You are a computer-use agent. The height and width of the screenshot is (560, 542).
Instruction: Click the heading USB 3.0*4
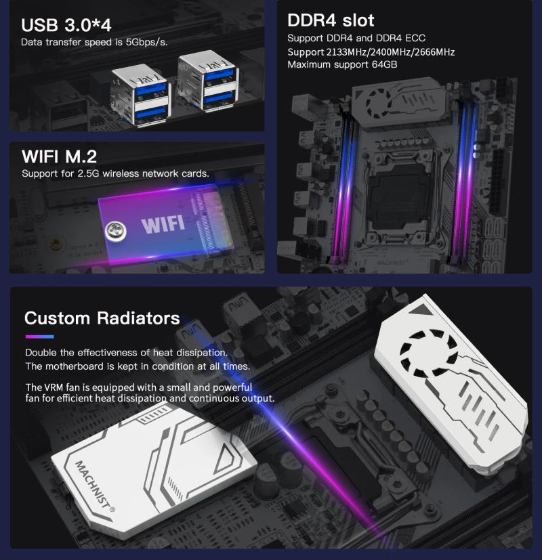click(x=66, y=25)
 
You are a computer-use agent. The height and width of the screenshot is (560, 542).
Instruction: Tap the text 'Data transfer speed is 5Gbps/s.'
click(x=94, y=42)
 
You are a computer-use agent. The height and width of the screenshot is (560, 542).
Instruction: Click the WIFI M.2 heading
click(x=59, y=157)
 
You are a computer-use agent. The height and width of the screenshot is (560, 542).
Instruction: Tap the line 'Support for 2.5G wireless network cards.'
click(x=115, y=173)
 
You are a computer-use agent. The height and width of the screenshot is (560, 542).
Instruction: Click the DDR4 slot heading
click(x=331, y=20)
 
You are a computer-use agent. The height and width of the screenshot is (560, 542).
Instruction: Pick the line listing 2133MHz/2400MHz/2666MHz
click(x=371, y=51)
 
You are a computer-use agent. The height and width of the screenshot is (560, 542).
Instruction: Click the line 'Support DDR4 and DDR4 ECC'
click(x=356, y=38)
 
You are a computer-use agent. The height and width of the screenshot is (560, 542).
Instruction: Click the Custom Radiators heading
click(x=102, y=318)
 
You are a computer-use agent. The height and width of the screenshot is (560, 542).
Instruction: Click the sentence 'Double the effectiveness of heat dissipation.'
click(x=126, y=353)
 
